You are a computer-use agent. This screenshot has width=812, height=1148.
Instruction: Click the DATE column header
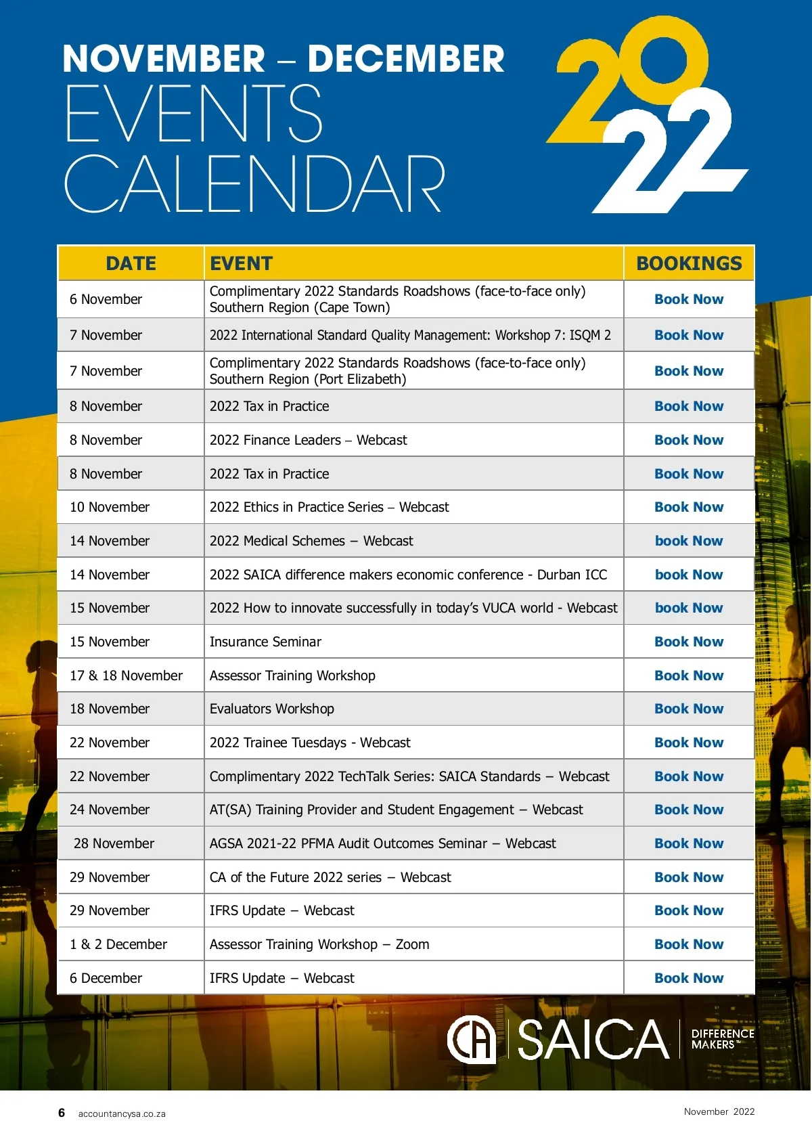click(131, 263)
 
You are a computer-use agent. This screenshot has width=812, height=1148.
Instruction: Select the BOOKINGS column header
click(689, 263)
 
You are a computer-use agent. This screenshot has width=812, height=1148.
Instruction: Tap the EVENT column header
click(241, 263)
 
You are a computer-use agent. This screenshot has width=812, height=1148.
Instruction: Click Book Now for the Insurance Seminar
click(689, 642)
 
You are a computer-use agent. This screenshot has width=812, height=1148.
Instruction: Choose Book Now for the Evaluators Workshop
click(689, 709)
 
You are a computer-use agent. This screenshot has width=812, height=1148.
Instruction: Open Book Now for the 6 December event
click(689, 978)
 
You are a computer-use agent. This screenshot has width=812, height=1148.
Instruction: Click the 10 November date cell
click(110, 507)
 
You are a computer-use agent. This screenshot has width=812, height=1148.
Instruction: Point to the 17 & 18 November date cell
click(126, 676)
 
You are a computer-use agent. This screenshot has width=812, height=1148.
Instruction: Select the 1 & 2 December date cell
click(118, 944)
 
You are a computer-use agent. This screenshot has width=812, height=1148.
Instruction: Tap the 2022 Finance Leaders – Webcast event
click(309, 440)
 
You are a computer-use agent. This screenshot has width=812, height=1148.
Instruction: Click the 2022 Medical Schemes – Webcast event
click(311, 541)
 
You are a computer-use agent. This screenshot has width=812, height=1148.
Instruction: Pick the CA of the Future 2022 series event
click(330, 877)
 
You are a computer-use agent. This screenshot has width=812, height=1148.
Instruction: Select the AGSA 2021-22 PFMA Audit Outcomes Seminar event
click(382, 843)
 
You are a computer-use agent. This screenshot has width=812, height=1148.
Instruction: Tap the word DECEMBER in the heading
click(406, 59)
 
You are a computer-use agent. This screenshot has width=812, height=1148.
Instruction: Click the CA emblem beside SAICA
click(471, 1040)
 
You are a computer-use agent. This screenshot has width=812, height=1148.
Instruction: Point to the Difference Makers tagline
click(722, 1039)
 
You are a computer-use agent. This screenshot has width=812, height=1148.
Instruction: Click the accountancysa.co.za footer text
click(122, 1113)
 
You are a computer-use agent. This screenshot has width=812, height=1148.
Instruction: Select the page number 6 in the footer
click(62, 1113)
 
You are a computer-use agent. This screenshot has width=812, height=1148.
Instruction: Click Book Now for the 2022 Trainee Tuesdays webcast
click(689, 743)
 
